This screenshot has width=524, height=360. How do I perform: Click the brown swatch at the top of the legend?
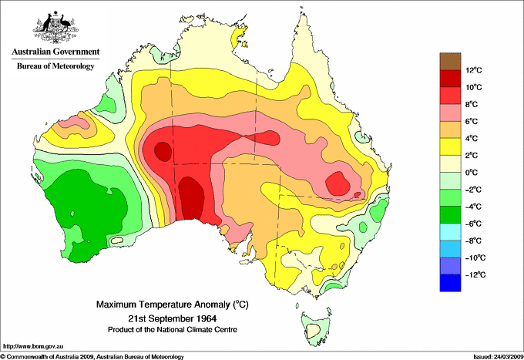click(450, 62)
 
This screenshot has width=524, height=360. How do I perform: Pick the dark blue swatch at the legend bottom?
click(450, 283)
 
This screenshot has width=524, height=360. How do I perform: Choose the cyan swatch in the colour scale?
click(450, 232)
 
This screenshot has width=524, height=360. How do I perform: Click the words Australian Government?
click(55, 52)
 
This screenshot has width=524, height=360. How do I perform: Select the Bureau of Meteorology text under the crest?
click(55, 66)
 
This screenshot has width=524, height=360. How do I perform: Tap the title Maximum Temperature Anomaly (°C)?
click(170, 305)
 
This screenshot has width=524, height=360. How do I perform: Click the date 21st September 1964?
click(171, 318)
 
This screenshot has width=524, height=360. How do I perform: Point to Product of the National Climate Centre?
click(171, 329)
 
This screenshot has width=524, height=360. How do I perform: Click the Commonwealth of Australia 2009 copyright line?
click(92, 356)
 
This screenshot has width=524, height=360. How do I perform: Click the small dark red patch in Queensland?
click(338, 184)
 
